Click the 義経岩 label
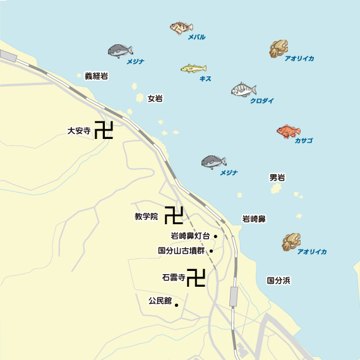click(96, 76)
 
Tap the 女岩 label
click(155, 99)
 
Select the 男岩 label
click(277, 177)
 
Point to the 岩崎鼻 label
click(254, 219)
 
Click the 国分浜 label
click(278, 279)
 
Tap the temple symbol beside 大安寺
click(104, 131)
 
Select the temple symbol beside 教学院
click(174, 215)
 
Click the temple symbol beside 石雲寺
click(196, 277)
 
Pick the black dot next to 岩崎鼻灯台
click(215, 236)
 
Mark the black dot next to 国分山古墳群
click(211, 251)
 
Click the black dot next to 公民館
click(176, 306)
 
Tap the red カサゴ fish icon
click(288, 131)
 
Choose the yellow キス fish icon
click(193, 68)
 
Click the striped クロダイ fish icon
click(243, 90)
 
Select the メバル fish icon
click(181, 27)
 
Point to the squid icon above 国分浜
click(292, 241)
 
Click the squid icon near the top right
click(278, 48)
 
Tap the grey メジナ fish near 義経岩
click(120, 51)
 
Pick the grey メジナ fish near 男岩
click(213, 162)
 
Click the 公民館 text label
click(160, 301)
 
